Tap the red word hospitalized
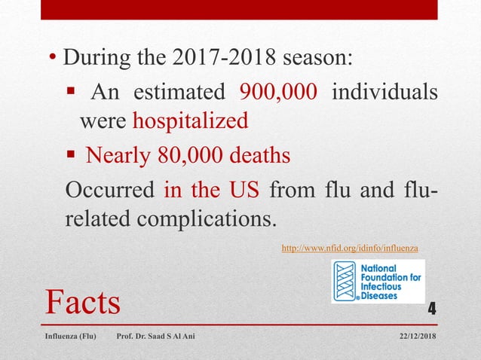pos(190,121)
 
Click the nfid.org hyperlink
pos(349,247)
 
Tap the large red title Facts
pos(83,301)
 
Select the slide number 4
pos(432,307)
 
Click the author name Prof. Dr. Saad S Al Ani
pos(155,335)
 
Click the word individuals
pos(384,93)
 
